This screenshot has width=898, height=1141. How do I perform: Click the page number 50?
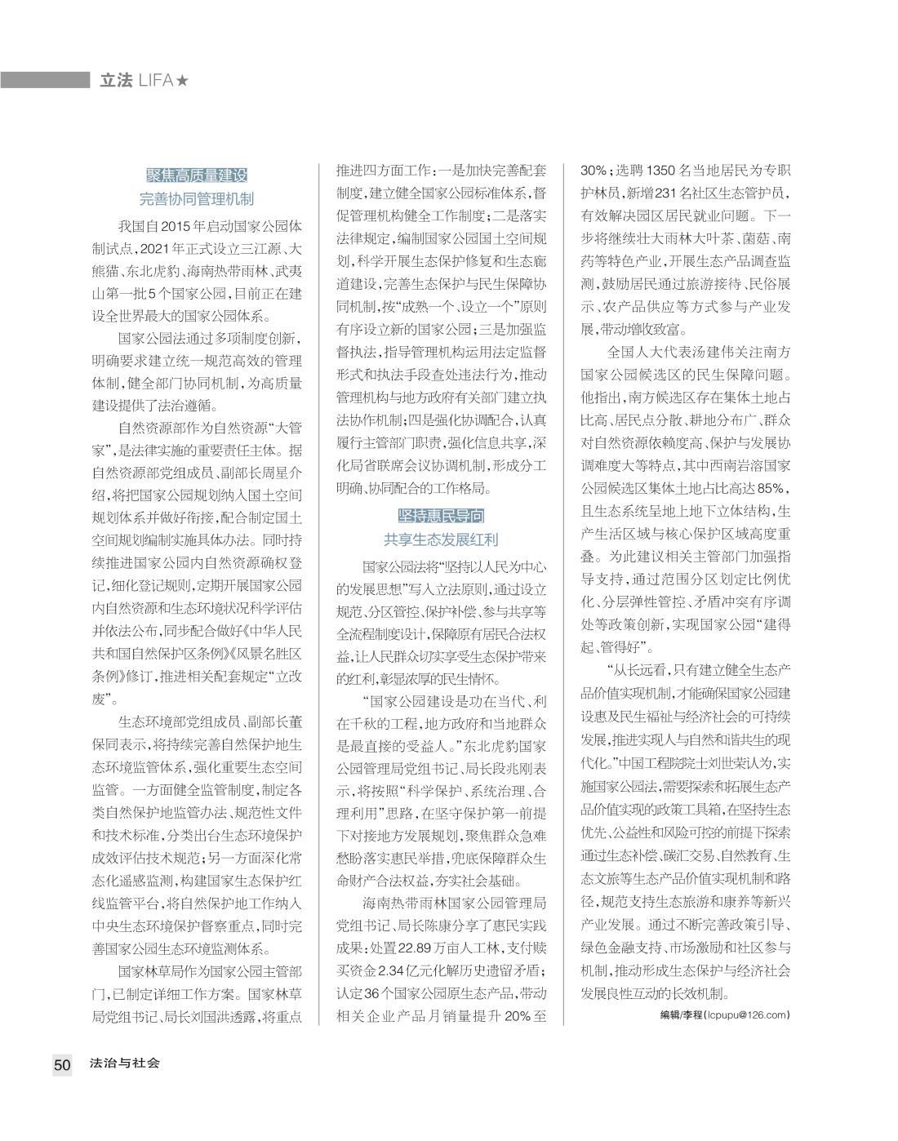coord(63,1064)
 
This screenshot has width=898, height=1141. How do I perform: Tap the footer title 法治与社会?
coord(125,1063)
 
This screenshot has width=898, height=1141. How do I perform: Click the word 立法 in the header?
coord(115,81)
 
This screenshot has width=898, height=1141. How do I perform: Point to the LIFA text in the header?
coord(157,81)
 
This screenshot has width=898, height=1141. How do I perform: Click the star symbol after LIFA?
coord(183,81)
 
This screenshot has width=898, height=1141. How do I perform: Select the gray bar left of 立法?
coord(45,80)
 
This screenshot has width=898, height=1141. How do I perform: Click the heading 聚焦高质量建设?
coord(196,175)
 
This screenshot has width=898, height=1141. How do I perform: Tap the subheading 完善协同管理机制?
coord(196,198)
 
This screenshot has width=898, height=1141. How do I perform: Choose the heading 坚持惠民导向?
coord(441,516)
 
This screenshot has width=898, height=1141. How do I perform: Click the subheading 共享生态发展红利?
coord(441,539)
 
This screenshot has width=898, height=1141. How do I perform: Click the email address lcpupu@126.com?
coord(749,1014)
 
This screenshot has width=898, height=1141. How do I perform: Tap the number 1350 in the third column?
coord(659,171)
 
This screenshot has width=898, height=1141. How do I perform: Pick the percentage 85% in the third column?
coord(772,488)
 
